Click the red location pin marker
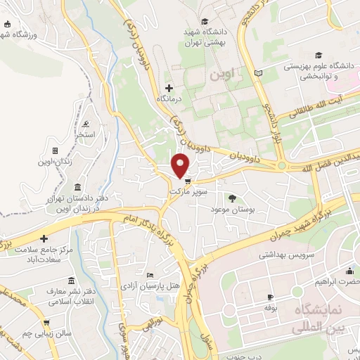181,165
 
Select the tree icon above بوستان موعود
233,198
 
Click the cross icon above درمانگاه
169,88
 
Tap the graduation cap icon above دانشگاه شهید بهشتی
204,21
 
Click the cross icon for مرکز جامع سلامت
44,239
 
